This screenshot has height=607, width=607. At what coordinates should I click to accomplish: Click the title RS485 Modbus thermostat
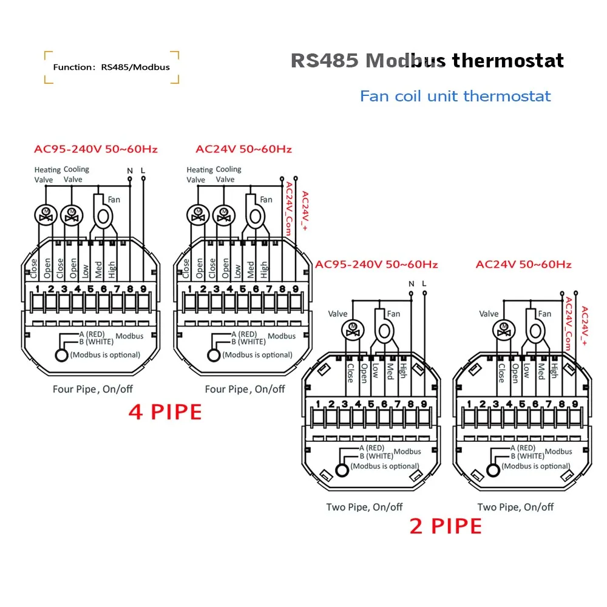[x=427, y=61]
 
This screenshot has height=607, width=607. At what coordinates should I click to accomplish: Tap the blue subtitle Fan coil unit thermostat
[x=455, y=96]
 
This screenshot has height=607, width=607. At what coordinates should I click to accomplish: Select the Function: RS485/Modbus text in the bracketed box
[x=111, y=67]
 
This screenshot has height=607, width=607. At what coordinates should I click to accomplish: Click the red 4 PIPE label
[x=165, y=412]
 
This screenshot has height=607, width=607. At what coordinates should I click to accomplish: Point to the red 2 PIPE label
[x=446, y=526]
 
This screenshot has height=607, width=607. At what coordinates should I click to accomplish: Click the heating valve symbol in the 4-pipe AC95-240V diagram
[x=44, y=214]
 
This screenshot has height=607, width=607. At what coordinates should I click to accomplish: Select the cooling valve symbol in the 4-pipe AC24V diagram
[x=224, y=214]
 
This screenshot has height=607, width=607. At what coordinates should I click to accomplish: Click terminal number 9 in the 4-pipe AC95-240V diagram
[x=143, y=289]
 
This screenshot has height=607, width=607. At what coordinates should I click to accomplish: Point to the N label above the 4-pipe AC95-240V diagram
[x=129, y=171]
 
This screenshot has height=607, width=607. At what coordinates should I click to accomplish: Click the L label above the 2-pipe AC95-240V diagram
[x=424, y=283]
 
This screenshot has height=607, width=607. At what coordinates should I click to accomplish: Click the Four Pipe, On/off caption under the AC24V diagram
[x=245, y=389]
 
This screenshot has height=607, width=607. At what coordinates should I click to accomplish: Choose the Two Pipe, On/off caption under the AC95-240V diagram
[x=364, y=507]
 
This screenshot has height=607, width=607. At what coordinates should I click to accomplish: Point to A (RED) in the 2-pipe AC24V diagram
[x=527, y=447]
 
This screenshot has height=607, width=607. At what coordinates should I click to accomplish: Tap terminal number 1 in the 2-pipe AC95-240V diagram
[x=318, y=404]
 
